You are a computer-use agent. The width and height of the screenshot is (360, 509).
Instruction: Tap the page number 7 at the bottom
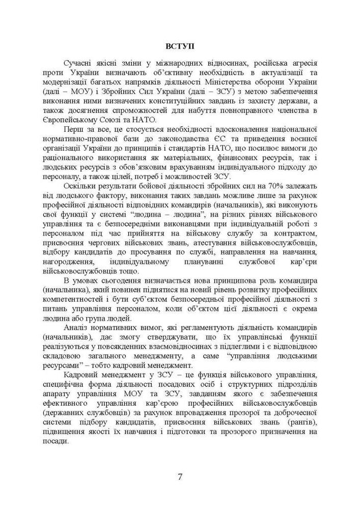(x=180, y=476)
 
